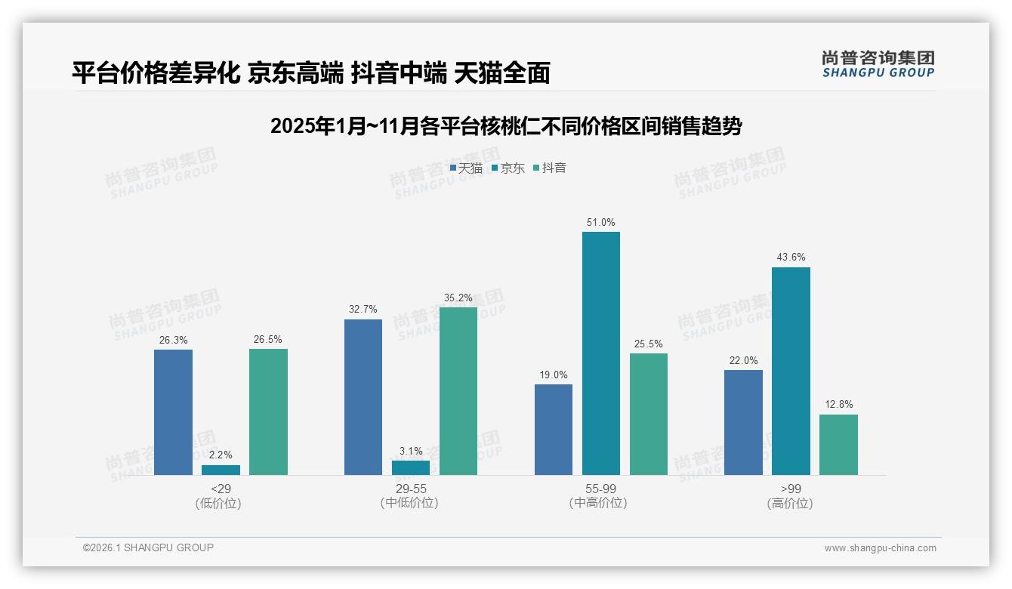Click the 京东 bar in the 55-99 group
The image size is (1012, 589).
pos(600,353)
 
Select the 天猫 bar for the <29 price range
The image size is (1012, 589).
pos(173,412)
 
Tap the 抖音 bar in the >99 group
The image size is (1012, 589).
pos(838,445)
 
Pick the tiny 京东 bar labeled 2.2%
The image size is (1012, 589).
pos(221,470)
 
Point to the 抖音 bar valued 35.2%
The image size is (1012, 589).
pos(458,391)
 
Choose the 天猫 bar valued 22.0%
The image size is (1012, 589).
pos(743,422)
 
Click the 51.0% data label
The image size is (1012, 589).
pos(600,223)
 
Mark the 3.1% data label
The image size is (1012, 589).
pos(410,452)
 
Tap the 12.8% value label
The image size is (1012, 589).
pos(838,405)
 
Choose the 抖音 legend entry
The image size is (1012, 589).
pos(550,168)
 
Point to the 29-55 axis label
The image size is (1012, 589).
pos(410,489)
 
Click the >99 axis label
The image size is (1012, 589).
pos(790,489)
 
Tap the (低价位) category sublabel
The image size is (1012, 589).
pos(219,504)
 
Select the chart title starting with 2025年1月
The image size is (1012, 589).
pos(505,126)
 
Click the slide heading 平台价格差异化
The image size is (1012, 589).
pos(310,72)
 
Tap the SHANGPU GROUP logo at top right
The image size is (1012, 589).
pos(878,64)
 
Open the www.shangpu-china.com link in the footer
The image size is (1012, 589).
pos(880,548)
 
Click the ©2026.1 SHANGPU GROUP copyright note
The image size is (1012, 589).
pos(148,547)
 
